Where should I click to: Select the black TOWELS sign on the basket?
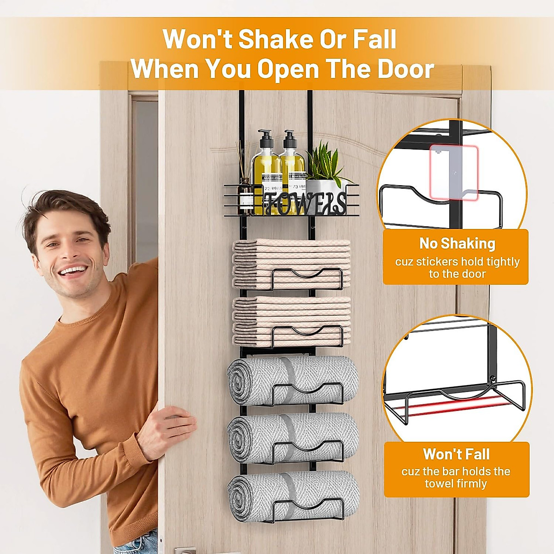tap(305, 203)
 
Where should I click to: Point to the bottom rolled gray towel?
tap(294, 496)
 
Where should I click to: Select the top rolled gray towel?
tap(293, 381)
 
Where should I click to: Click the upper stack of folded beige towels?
tap(291, 263)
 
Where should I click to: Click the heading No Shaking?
tap(457, 243)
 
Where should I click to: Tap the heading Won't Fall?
tap(456, 454)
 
